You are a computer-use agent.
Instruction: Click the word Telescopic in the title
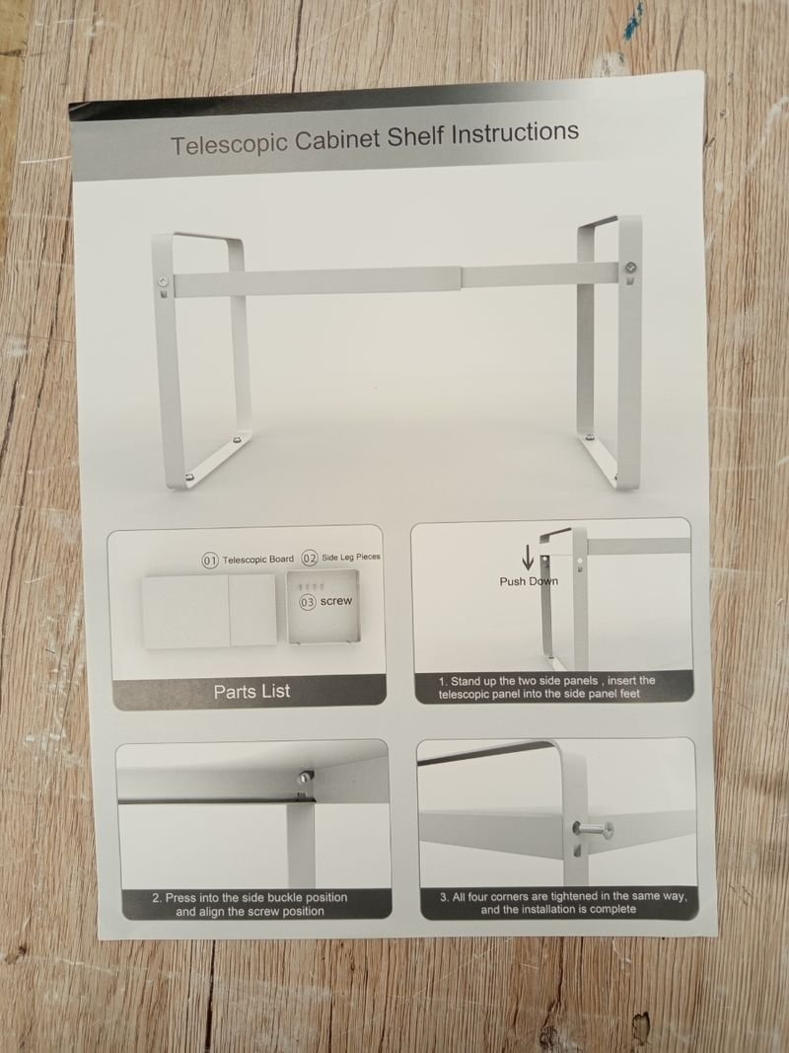(x=229, y=143)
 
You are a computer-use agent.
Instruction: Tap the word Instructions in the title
(x=514, y=131)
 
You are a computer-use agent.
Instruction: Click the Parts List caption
(x=251, y=691)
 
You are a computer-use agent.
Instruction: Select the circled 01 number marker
(x=210, y=561)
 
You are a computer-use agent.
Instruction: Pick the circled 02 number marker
(x=310, y=558)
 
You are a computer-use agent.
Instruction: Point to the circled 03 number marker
(x=308, y=602)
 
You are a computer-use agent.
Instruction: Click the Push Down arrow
(x=528, y=557)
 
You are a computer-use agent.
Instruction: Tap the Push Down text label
(x=529, y=581)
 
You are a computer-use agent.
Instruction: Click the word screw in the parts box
(x=336, y=601)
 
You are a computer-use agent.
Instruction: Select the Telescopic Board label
(x=258, y=560)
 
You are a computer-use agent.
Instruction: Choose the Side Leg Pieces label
(x=351, y=557)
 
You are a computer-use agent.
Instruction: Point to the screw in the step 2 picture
(x=305, y=777)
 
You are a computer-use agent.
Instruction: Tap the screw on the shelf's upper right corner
(x=630, y=268)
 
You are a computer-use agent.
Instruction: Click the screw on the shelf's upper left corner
(x=164, y=281)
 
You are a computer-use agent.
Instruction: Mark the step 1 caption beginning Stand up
(x=546, y=687)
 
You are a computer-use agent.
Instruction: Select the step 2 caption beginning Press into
(x=250, y=904)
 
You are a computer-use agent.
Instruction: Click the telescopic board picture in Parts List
(x=209, y=611)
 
